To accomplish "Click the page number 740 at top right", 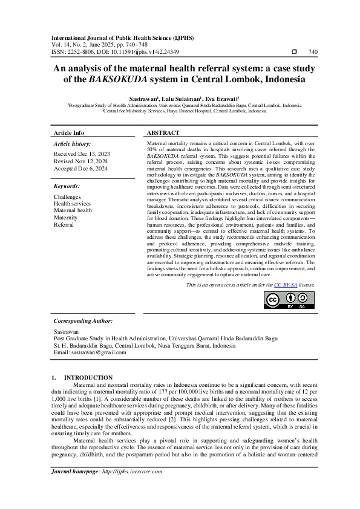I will click(313, 52).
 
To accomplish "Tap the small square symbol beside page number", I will click(294, 52).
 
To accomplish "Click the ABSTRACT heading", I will click(163, 133).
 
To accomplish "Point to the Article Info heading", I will click(69, 133).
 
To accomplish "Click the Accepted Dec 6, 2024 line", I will click(80, 169).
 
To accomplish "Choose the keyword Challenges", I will click(67, 197).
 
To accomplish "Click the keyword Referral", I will click(64, 224).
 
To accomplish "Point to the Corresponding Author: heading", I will click(83, 321).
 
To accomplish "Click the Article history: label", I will click(73, 144).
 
